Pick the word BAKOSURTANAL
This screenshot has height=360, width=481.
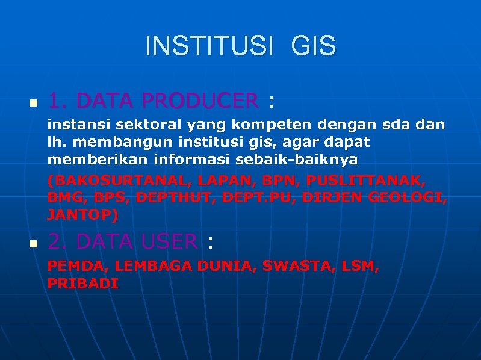(x=107, y=180)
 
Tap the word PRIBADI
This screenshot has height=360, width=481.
(x=83, y=283)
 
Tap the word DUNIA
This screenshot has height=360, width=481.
(x=228, y=266)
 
